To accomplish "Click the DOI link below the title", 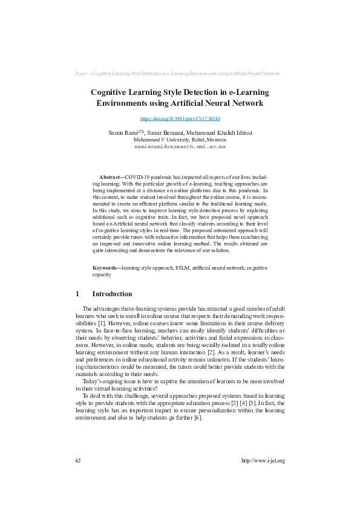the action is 180,120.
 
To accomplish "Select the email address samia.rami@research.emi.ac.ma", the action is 180,146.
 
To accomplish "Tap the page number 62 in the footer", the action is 77,461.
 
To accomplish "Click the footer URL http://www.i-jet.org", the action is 263,461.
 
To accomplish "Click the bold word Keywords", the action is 106,267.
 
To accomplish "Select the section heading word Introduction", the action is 112,294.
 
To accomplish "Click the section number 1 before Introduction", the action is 77,294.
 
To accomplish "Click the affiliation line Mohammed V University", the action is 180,139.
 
